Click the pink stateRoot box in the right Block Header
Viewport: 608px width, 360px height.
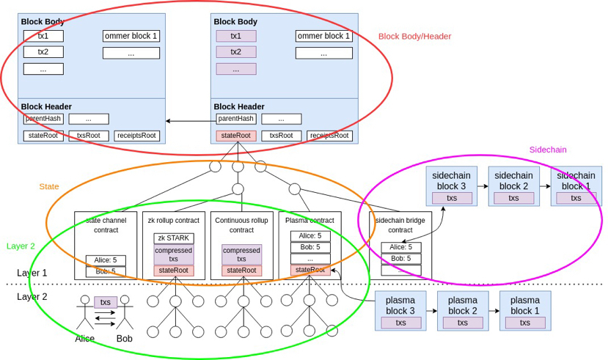click(x=235, y=136)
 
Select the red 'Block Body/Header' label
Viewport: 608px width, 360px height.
click(x=414, y=37)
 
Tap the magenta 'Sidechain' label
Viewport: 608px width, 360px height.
click(x=548, y=150)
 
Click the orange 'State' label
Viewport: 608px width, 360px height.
click(x=49, y=187)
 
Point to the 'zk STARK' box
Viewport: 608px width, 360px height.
click(x=174, y=238)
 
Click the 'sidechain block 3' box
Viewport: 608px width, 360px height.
click(x=451, y=186)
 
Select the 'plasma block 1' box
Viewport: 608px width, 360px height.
click(x=524, y=311)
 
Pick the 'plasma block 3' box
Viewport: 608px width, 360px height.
click(x=400, y=311)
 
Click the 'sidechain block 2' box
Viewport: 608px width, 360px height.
click(x=513, y=186)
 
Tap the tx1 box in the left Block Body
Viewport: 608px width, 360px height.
click(x=43, y=36)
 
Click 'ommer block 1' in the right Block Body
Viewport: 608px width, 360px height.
click(x=323, y=36)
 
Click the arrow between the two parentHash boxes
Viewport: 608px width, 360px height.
click(x=189, y=120)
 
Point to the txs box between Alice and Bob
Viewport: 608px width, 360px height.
click(x=106, y=302)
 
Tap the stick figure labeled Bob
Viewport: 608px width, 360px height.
click(x=125, y=314)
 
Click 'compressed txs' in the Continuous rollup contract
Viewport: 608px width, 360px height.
click(x=241, y=254)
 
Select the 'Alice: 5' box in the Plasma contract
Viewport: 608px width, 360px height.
click(x=310, y=236)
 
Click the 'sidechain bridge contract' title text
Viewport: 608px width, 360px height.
click(x=400, y=224)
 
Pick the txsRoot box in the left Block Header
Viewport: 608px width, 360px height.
click(x=88, y=136)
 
